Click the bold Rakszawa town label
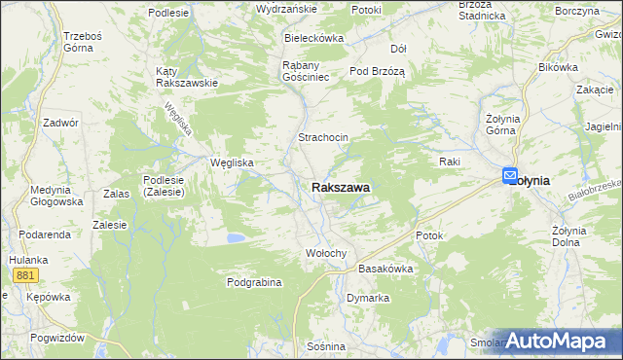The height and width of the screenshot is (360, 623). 341,185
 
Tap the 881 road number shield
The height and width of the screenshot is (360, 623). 26,276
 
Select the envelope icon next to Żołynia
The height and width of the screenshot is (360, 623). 511,176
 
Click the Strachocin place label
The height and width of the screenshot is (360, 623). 323,138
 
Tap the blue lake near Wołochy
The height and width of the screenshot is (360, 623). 235,237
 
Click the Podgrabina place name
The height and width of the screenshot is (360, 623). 254,282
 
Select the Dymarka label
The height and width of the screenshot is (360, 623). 368,298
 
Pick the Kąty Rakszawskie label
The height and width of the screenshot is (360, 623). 186,77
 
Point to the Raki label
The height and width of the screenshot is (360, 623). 449,162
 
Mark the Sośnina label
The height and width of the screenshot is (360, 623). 325,346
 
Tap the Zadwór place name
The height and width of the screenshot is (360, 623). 60,124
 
